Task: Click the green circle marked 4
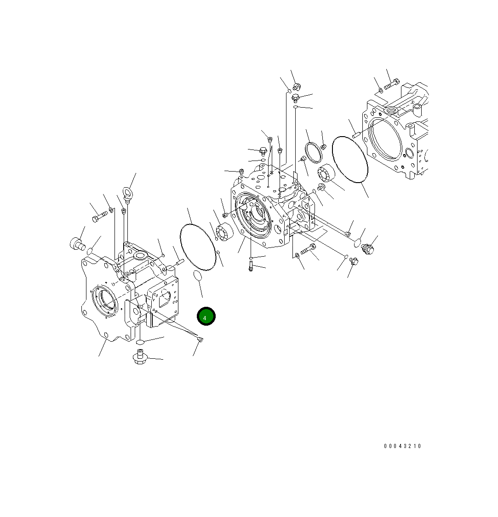tap(206, 316)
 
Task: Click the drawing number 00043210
tap(403, 446)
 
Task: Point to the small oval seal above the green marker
tap(197, 276)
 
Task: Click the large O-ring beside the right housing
tap(350, 159)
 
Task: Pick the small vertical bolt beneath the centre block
tap(251, 265)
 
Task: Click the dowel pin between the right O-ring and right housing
tap(356, 135)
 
